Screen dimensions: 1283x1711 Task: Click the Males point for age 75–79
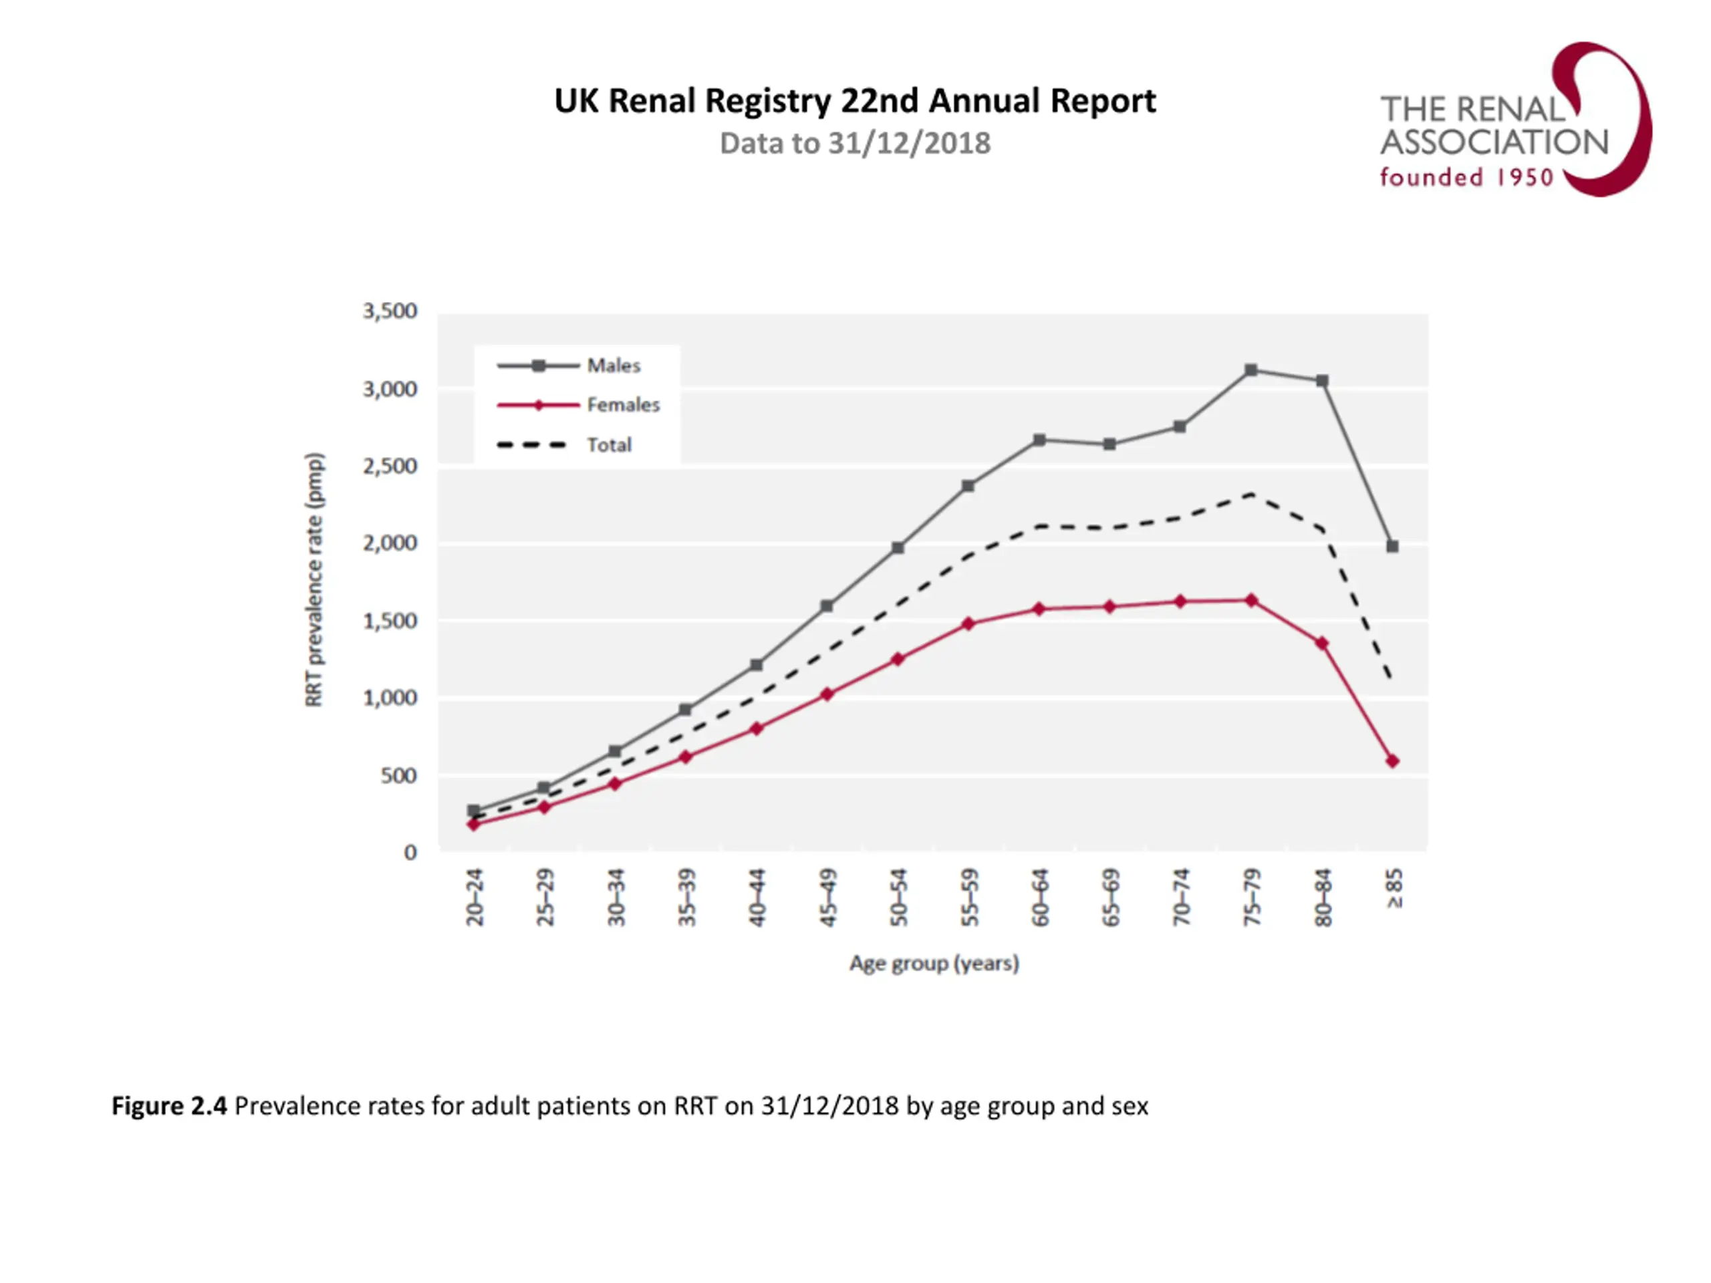point(1251,370)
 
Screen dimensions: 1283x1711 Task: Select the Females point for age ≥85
point(1392,762)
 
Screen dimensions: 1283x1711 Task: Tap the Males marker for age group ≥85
point(1392,547)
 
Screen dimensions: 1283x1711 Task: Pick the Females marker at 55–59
point(968,624)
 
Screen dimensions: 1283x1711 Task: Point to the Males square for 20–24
point(473,811)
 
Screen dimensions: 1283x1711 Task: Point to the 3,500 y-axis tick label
point(390,311)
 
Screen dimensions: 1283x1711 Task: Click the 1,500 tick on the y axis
point(390,621)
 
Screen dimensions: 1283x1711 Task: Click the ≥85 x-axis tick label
point(1393,889)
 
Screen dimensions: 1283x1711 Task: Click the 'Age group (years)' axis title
point(934,964)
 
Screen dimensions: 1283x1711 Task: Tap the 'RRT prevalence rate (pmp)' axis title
point(314,579)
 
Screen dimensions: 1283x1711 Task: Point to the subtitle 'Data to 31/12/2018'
point(855,144)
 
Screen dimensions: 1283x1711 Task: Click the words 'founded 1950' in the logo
point(1466,178)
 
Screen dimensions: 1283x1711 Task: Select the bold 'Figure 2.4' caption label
point(169,1107)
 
